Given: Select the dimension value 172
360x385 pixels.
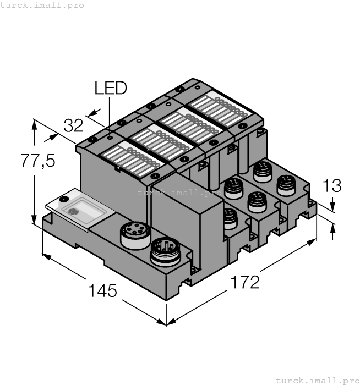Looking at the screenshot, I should (244, 282).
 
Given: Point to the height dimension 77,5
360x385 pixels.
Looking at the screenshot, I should (37, 161).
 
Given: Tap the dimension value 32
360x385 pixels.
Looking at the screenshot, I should (73, 125).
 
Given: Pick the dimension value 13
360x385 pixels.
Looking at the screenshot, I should (331, 186).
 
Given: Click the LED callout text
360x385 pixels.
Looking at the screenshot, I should (110, 88).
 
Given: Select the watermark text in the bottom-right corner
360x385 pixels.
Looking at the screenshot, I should (317, 380).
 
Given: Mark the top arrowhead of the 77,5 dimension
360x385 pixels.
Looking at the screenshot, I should (35, 124).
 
